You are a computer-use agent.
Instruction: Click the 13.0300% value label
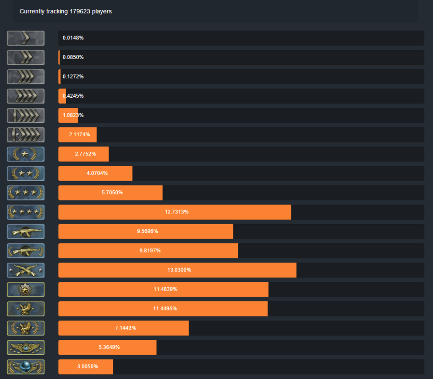[x=177, y=270]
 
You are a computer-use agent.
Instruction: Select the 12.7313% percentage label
[x=176, y=212]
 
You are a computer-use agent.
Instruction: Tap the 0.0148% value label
[x=73, y=38]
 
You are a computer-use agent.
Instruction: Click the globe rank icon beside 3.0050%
[x=26, y=367]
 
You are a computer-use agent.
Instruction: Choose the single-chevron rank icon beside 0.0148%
[x=26, y=38]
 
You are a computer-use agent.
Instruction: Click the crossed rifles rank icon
[x=26, y=270]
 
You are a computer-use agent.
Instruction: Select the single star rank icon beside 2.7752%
[x=26, y=154]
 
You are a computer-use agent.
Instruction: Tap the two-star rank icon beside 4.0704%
[x=26, y=173]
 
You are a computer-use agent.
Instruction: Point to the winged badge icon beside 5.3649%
[x=26, y=347]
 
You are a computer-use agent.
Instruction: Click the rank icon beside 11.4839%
[x=26, y=289]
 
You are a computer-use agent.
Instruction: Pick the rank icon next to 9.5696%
[x=26, y=231]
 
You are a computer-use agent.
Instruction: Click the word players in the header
[x=102, y=11]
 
